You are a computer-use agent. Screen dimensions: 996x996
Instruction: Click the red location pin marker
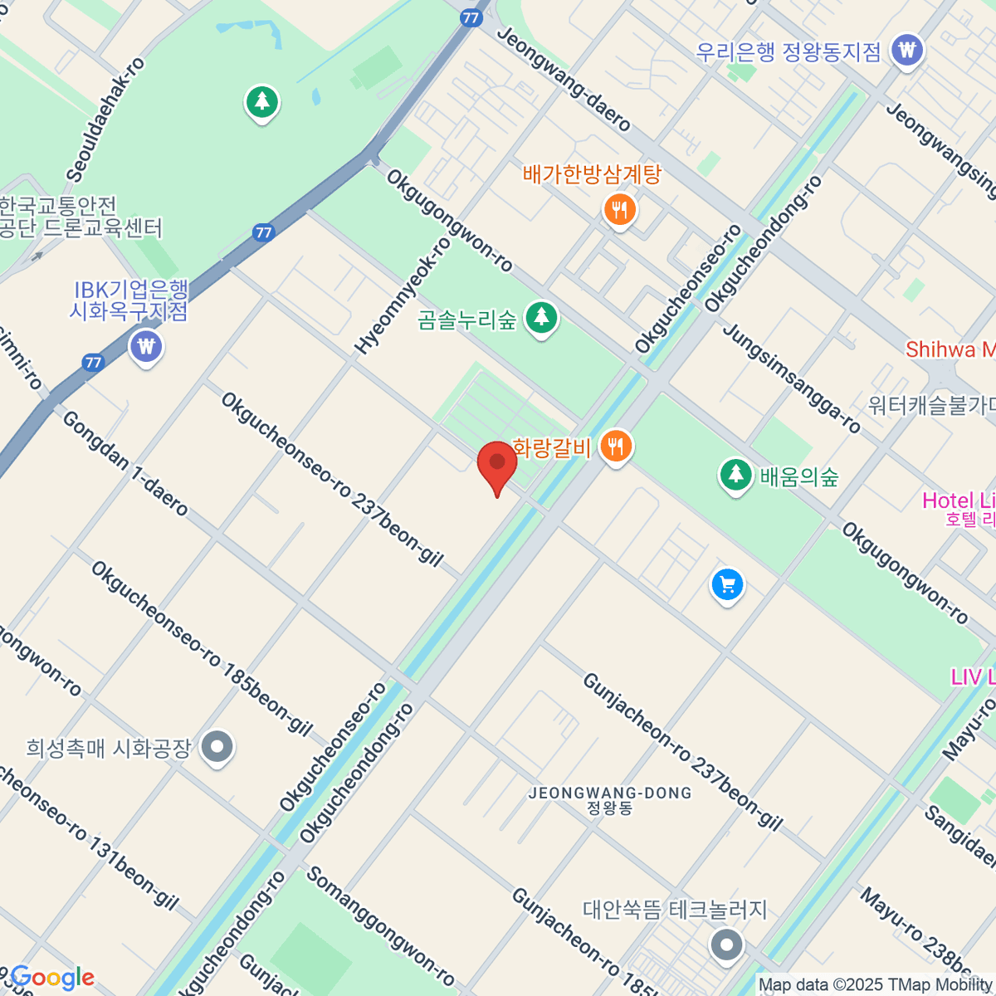(x=497, y=463)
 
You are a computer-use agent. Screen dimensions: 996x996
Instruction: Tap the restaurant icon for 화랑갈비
(x=615, y=447)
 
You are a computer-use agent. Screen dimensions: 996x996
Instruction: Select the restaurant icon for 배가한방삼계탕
(x=619, y=210)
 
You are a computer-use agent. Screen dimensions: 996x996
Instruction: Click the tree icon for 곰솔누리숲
(x=542, y=318)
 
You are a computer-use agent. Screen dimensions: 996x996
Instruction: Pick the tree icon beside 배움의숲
(x=735, y=476)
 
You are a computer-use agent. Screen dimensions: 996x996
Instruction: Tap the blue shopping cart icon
(x=727, y=586)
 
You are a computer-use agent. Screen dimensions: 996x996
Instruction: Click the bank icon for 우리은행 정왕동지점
(x=907, y=51)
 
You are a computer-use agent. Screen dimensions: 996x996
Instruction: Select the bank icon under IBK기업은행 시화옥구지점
(x=147, y=345)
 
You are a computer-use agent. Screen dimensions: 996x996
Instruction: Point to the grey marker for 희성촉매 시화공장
(x=217, y=748)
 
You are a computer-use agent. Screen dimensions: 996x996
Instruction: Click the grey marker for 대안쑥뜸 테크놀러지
(x=728, y=945)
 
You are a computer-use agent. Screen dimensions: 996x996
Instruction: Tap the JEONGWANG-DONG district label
(x=610, y=800)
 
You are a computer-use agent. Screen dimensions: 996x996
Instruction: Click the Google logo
(x=52, y=978)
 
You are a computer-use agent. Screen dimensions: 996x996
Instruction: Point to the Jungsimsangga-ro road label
(x=792, y=378)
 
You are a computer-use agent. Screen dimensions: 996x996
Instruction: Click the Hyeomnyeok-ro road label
(x=403, y=295)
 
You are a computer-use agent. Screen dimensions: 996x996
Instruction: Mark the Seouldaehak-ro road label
(x=106, y=120)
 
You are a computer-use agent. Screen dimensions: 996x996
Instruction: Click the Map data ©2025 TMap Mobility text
(x=876, y=985)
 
